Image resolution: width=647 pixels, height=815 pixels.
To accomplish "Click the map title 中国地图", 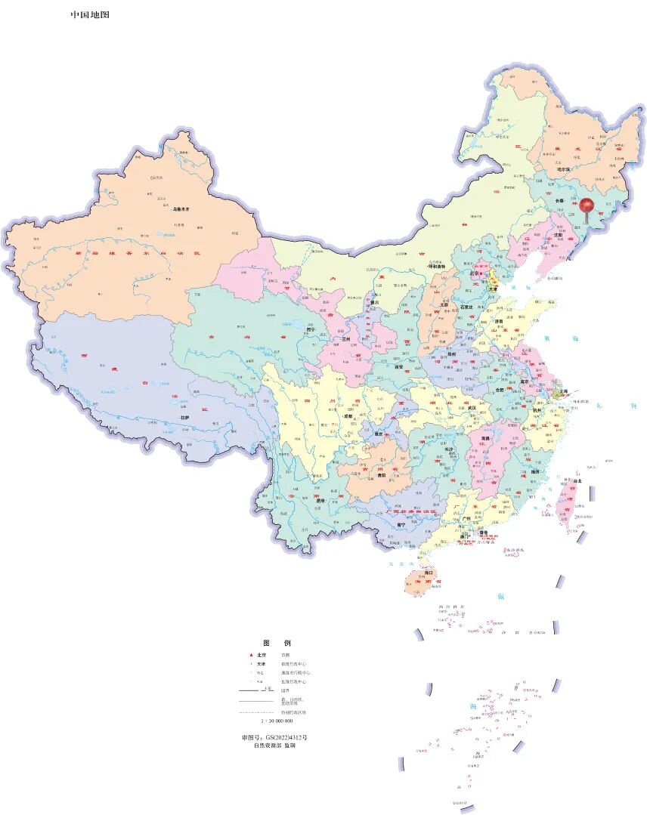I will (90, 14).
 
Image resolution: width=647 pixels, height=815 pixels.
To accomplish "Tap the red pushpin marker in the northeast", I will (586, 204).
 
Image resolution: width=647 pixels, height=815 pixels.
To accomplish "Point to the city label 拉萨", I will (184, 418).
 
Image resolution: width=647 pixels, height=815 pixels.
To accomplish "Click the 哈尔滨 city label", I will (564, 169).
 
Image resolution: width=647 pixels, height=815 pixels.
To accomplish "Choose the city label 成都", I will (348, 416).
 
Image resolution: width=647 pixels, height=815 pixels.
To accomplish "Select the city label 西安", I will (399, 367).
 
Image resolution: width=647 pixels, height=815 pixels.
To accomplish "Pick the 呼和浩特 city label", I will (438, 267).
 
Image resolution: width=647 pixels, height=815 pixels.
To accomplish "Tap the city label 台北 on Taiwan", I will (578, 481).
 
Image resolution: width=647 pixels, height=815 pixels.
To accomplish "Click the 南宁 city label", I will (401, 523).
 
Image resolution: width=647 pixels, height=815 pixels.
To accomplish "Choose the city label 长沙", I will (450, 449).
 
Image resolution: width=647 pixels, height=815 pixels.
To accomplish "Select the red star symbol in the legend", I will (250, 655).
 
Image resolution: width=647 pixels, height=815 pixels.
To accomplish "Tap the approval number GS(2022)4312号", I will (274, 736).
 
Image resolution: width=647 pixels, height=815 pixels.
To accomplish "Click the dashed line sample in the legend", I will (255, 712).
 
